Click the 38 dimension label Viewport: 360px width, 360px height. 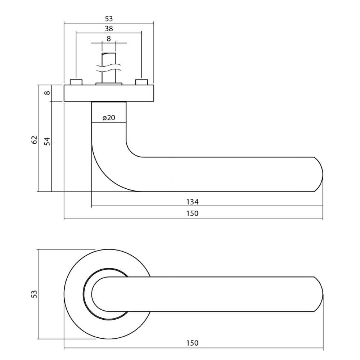click(109, 29)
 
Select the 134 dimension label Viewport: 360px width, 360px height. click(192, 202)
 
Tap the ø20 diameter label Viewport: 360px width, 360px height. click(109, 118)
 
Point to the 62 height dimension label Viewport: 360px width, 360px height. click(34, 140)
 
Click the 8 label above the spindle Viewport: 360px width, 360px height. click(109, 39)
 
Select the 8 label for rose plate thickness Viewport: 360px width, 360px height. click(47, 93)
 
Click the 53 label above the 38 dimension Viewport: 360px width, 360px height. click(109, 19)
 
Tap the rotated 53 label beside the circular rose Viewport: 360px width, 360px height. click(34, 294)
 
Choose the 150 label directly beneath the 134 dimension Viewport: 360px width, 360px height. click(192, 213)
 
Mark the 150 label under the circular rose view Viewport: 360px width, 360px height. click(192, 343)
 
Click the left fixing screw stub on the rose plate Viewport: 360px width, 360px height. click(76, 82)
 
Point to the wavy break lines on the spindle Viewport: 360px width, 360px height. click(109, 67)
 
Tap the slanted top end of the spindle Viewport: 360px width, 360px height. click(109, 54)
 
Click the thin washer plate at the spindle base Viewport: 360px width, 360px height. click(109, 84)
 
